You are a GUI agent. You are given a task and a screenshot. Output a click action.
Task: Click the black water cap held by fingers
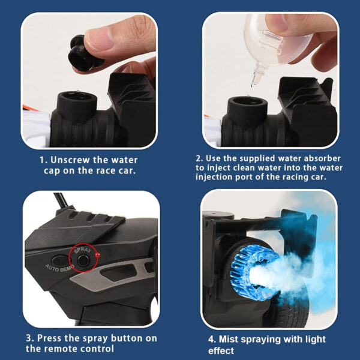[84, 54]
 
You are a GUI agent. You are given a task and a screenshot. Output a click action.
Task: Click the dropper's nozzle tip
[253, 85]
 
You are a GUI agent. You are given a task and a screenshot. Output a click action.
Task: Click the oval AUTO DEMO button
[60, 261]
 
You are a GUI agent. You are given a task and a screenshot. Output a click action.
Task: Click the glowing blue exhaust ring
[249, 271]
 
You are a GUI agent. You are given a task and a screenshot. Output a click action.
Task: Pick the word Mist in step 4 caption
[229, 340]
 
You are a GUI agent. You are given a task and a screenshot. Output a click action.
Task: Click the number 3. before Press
[30, 338]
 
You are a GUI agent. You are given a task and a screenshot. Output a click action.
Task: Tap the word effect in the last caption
[221, 350]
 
